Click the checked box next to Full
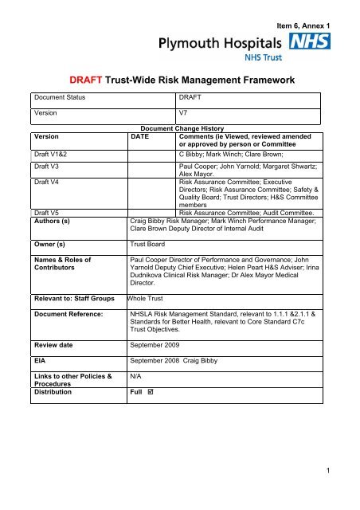[x=158, y=392]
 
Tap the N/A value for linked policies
[x=137, y=373]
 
